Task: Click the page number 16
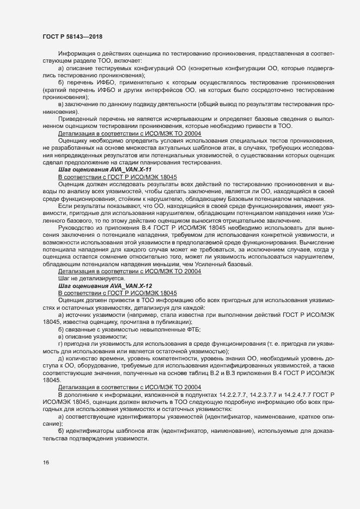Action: coord(46,463)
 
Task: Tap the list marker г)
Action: coord(60,344)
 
